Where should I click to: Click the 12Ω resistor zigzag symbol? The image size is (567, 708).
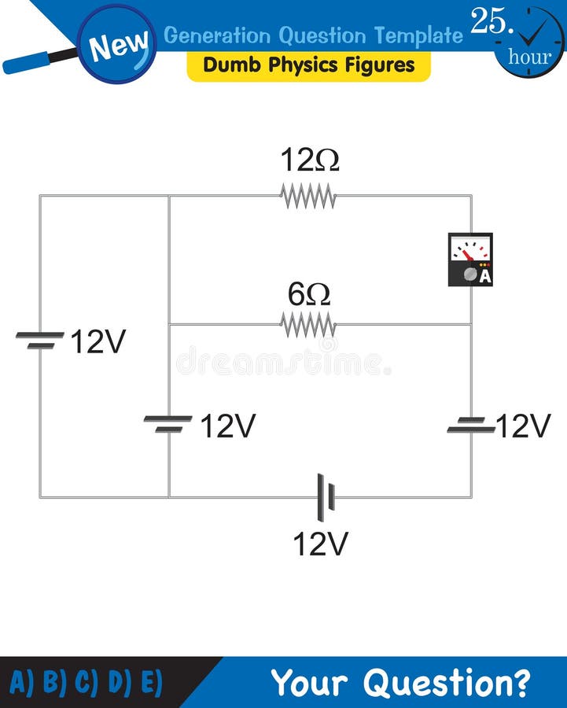click(308, 197)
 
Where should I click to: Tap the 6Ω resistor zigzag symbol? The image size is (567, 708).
click(308, 324)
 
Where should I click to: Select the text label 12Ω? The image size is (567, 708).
click(310, 160)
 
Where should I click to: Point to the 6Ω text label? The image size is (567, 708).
click(309, 294)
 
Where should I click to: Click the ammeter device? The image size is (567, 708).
click(470, 260)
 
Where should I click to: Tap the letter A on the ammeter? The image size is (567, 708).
click(484, 276)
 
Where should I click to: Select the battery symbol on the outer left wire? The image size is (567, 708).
click(40, 340)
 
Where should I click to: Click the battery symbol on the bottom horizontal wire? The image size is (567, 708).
click(326, 497)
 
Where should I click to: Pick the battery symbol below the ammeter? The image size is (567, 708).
click(471, 426)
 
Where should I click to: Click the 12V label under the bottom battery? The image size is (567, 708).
click(320, 544)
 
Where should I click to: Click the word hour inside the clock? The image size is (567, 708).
click(529, 57)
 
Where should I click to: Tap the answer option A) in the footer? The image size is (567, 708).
click(24, 682)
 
